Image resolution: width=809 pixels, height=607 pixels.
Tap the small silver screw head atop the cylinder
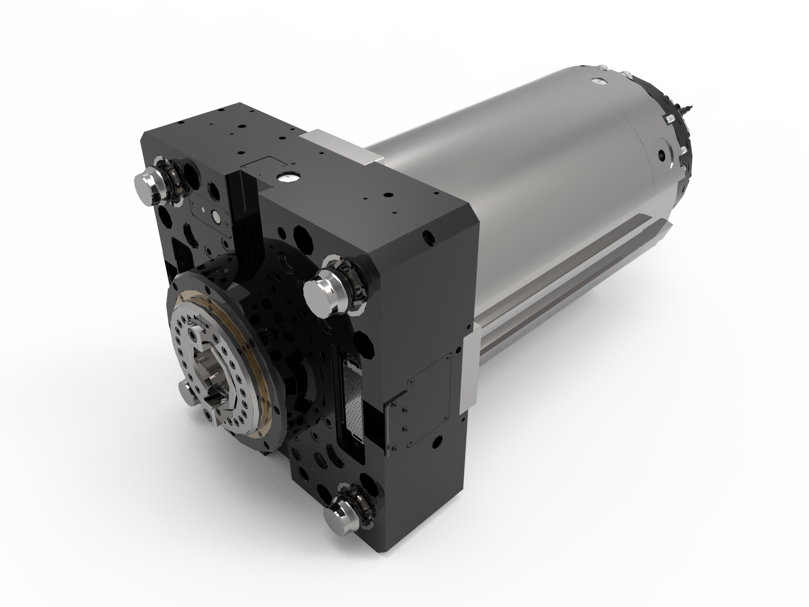click(599, 81)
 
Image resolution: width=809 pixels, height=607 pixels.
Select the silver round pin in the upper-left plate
click(216, 217)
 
